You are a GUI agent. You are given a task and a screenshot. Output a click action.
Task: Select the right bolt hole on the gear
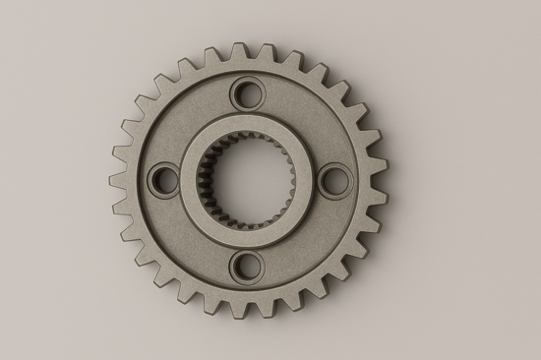333,179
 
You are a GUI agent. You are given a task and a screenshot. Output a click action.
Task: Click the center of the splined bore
248,180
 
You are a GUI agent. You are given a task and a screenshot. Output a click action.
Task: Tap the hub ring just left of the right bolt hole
306,180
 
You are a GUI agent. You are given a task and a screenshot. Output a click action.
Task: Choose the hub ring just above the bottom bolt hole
248,237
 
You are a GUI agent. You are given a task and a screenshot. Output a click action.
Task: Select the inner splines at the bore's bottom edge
248,222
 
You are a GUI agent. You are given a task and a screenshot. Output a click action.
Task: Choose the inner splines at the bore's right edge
290,180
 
